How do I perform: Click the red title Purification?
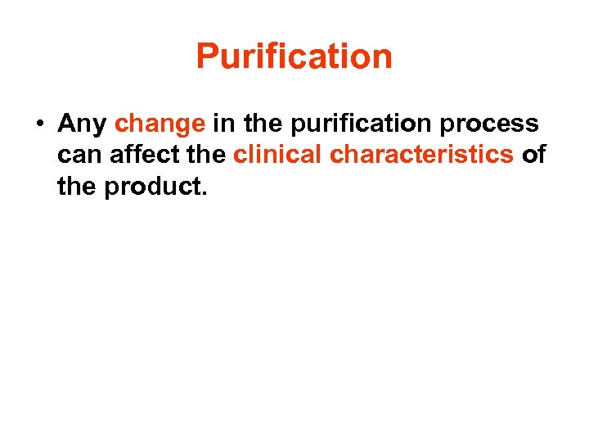tap(294, 57)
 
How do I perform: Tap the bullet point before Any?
tap(38, 124)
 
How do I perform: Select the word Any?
tap(83, 124)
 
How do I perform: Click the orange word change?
tap(160, 124)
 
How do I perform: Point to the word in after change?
tap(223, 124)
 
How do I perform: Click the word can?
tap(77, 156)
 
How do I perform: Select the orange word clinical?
tap(278, 155)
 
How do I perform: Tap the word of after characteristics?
tap(533, 155)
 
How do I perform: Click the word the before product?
tap(76, 187)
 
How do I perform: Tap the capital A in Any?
tap(67, 124)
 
